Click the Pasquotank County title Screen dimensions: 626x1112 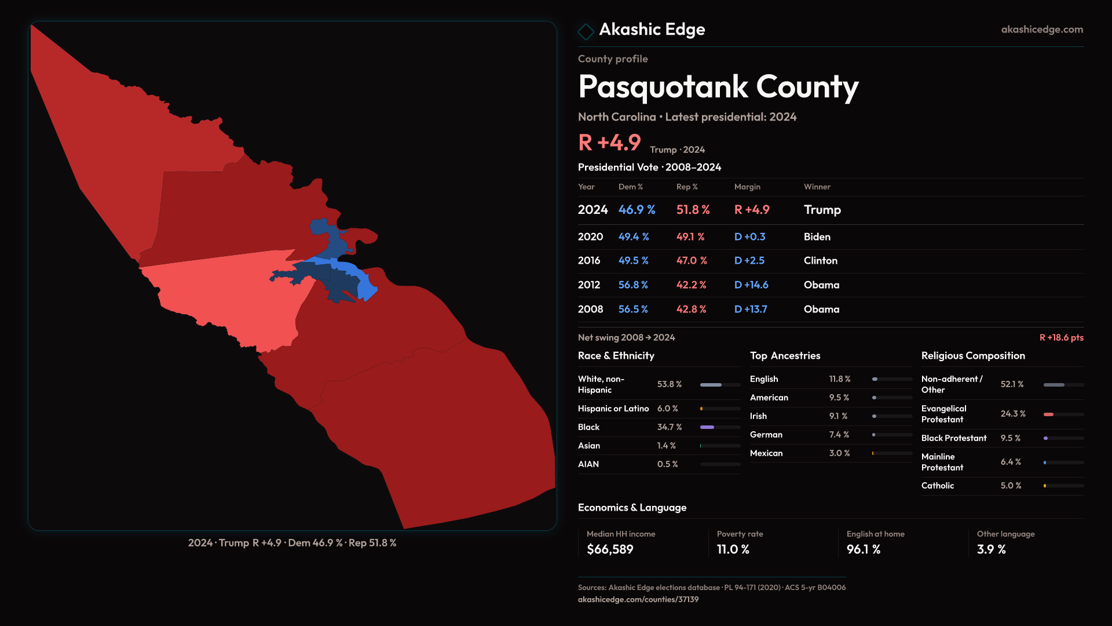718,87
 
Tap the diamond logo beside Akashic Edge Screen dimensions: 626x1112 586,31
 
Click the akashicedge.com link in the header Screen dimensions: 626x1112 1042,30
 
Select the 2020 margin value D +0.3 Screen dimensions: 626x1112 749,236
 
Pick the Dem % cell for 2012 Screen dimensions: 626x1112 633,285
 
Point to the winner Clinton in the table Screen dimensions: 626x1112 820,261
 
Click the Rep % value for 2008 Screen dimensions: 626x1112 691,309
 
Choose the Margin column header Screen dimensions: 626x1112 747,187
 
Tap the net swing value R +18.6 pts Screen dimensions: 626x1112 1061,337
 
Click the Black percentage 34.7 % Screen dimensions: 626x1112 670,427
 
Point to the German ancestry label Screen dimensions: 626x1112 766,435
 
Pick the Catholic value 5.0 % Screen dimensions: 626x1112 1011,486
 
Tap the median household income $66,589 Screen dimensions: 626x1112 610,549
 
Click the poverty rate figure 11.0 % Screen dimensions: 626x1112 733,549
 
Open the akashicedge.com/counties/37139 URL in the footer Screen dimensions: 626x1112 638,599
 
